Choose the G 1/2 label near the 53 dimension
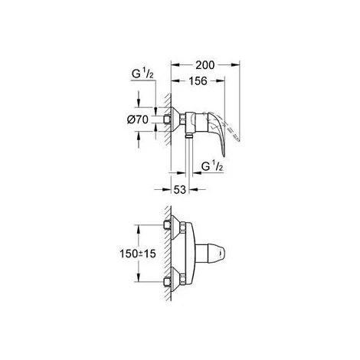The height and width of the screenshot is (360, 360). pos(211,166)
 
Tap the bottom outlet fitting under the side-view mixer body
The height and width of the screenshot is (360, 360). pos(187,137)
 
